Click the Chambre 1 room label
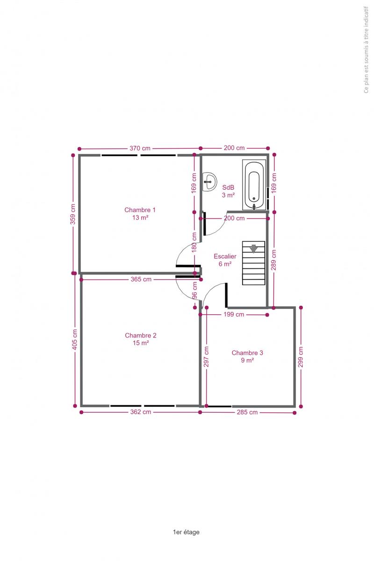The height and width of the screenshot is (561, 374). [x=140, y=214]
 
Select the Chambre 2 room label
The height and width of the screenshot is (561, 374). [x=141, y=339]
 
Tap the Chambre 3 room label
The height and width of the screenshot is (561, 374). [x=247, y=356]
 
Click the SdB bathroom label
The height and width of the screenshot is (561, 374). [x=228, y=191]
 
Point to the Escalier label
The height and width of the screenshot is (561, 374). [x=225, y=260]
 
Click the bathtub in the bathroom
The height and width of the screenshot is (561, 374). [x=254, y=185]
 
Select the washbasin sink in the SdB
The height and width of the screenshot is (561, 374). [x=209, y=182]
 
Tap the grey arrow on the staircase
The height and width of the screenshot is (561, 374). [x=253, y=249]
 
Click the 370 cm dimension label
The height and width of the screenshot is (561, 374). [x=140, y=148]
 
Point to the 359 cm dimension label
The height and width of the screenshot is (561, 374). [x=72, y=214]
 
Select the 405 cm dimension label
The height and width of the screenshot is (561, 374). [x=74, y=339]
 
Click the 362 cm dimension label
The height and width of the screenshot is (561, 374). [x=141, y=412]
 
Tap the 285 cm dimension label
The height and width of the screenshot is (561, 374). [x=247, y=412]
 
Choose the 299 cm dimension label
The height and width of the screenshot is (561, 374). [x=300, y=357]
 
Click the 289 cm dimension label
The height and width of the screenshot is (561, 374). [x=273, y=260]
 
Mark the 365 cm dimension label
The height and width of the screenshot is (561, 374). [x=141, y=279]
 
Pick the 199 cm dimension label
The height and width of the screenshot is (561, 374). [x=234, y=314]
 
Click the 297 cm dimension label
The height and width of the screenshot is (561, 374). [x=206, y=357]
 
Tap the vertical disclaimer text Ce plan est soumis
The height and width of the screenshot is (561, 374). [x=366, y=50]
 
